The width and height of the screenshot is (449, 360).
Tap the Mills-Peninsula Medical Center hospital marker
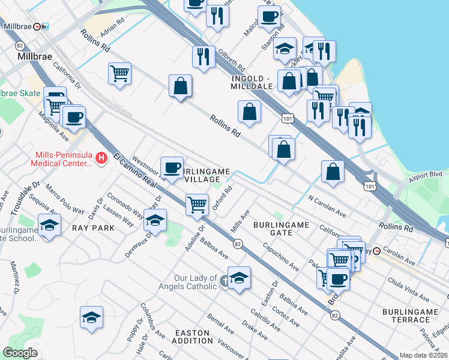coord(101,158)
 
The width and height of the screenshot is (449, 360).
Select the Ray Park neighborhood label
coord(89,228)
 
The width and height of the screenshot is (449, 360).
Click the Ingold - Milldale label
coord(252,82)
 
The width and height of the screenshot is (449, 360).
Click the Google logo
coord(20,353)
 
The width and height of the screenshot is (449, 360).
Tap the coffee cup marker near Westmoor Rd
coord(172,166)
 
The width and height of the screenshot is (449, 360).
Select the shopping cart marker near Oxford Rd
coord(197,205)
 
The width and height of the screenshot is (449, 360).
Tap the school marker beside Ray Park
coord(155,220)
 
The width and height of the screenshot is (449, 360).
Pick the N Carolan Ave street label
coord(327,205)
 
